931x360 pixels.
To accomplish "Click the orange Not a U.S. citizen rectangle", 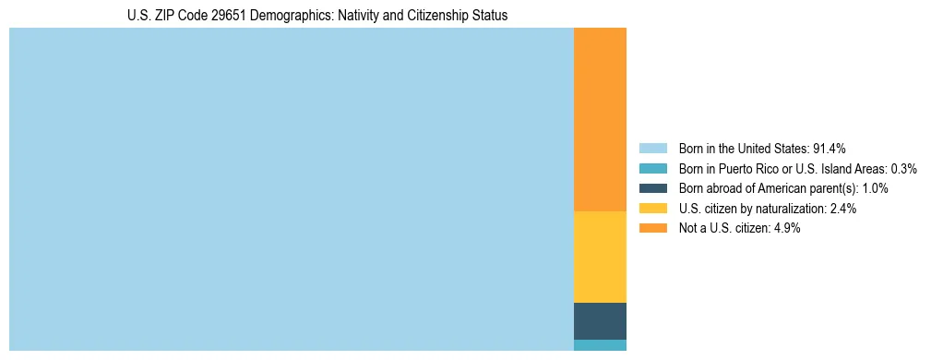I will [600, 120].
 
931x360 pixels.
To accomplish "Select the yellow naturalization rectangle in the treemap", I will [600, 257].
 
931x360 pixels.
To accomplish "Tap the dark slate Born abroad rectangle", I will [600, 320].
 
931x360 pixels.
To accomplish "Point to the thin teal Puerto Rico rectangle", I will [600, 345].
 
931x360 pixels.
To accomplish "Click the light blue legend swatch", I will [652, 149].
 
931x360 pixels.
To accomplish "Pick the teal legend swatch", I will [652, 169].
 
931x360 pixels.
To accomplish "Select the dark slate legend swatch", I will [652, 188].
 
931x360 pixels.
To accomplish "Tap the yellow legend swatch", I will [652, 209].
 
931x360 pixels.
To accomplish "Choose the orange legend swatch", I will [652, 228].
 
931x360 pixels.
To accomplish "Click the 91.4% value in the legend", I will [830, 149].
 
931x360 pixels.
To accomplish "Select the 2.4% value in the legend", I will [842, 209].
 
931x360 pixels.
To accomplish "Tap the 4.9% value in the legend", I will [786, 228].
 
